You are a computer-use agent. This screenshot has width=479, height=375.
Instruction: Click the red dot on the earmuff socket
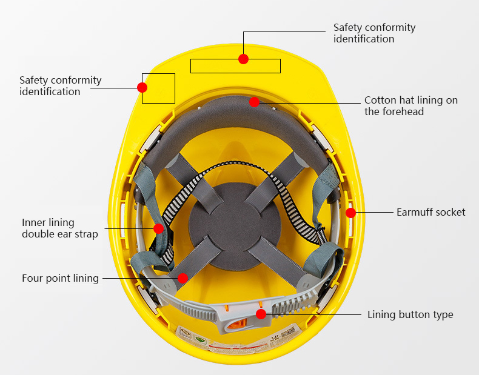pyautogui.click(x=350, y=213)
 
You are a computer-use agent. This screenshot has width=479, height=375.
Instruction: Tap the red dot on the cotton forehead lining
pyautogui.click(x=254, y=102)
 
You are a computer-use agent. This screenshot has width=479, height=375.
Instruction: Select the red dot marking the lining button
pyautogui.click(x=261, y=314)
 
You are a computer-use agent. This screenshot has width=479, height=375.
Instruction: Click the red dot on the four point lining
pyautogui.click(x=183, y=277)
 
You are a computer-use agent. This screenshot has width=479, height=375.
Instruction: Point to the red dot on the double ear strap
pyautogui.click(x=158, y=228)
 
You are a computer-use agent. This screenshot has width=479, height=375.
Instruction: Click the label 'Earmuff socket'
pyautogui.click(x=430, y=212)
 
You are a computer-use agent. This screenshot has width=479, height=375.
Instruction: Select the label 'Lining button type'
pyautogui.click(x=410, y=314)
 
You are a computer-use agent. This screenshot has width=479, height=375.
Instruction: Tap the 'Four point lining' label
pyautogui.click(x=60, y=278)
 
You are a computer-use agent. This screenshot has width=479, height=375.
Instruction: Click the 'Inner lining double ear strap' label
pyautogui.click(x=59, y=228)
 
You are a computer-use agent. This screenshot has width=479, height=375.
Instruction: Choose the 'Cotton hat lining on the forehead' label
pyautogui.click(x=410, y=105)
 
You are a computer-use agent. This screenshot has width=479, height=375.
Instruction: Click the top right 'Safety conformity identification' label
pyautogui.click(x=374, y=33)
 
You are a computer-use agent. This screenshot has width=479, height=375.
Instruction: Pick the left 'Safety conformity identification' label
pyautogui.click(x=60, y=85)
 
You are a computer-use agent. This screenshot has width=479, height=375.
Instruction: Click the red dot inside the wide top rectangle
pyautogui.click(x=243, y=59)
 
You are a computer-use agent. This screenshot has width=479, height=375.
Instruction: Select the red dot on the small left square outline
pyautogui.click(x=142, y=87)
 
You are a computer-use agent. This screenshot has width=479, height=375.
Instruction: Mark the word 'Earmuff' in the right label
pyautogui.click(x=415, y=212)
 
